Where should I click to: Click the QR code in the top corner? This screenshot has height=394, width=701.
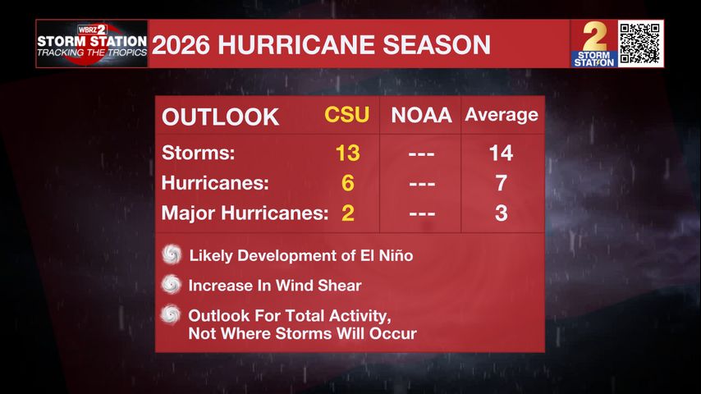point(640,44)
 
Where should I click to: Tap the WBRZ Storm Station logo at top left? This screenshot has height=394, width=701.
point(92,44)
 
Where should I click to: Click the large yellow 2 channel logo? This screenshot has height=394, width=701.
point(594,43)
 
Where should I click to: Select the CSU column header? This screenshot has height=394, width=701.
point(347,116)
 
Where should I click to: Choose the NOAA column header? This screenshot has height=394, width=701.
point(421,116)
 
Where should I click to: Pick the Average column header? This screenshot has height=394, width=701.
point(502,115)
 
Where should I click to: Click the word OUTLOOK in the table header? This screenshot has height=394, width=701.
point(221,117)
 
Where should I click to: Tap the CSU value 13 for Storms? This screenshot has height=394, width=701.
point(347,153)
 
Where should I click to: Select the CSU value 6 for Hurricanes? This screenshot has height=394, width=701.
point(347,183)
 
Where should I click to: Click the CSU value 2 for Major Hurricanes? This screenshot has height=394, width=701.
point(347,213)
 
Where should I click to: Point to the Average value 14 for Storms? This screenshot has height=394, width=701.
point(501,153)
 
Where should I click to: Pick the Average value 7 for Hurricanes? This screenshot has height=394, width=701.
point(501,183)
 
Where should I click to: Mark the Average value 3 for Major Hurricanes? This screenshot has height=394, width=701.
point(501,213)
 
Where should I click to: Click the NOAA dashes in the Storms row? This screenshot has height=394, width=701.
point(421,153)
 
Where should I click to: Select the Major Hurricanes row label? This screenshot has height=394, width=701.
point(245,213)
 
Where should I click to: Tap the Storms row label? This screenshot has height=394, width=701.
point(199,153)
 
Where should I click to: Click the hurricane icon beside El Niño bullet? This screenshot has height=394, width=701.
point(172,254)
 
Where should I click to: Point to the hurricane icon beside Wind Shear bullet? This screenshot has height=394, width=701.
point(172,285)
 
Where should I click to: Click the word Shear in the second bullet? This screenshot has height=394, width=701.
point(340,286)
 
